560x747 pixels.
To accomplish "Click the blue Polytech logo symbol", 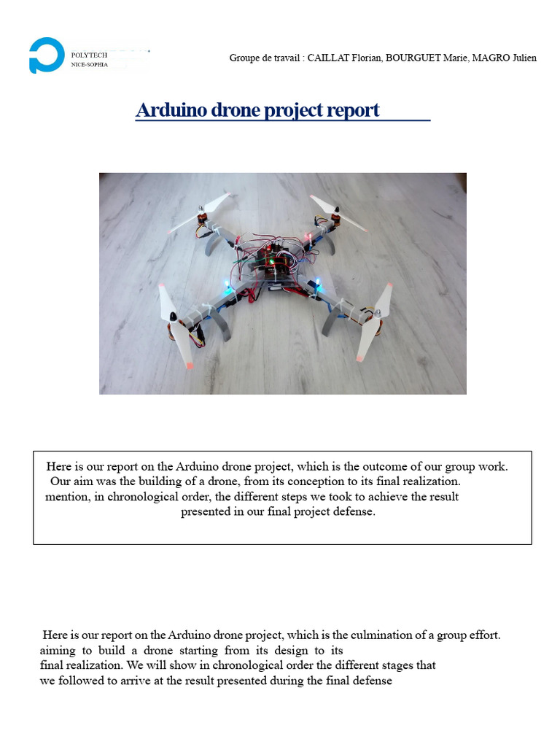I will point(46,55).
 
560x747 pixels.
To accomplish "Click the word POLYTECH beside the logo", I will point(89,55).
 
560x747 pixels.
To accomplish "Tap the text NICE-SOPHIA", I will point(89,64).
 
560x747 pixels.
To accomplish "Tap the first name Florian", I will point(366,58).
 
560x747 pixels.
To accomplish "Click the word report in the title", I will point(353,110).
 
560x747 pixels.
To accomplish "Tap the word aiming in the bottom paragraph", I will point(56,650).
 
